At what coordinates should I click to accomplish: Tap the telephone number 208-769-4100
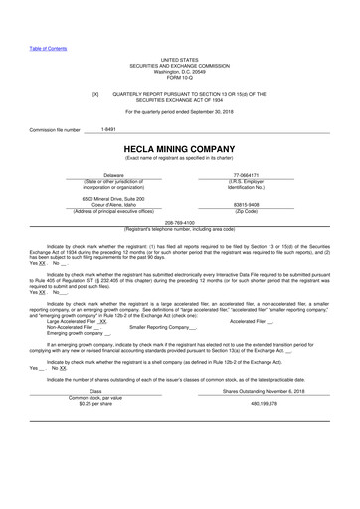(179, 223)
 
